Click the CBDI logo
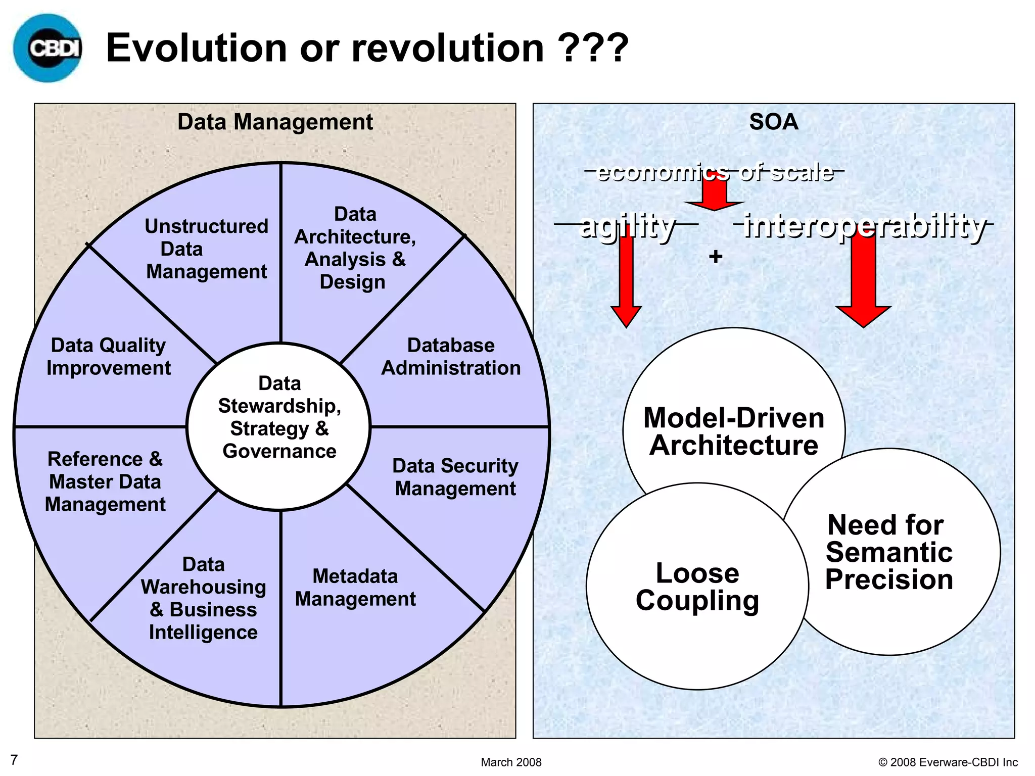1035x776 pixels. tap(48, 48)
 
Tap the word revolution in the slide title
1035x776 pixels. tap(448, 48)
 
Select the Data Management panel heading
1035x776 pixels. tap(275, 122)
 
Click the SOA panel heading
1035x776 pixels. tap(773, 122)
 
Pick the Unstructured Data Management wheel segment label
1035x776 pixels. tap(206, 249)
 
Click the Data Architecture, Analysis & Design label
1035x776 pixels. tap(355, 248)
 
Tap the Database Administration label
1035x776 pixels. tap(451, 357)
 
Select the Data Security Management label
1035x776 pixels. tap(455, 477)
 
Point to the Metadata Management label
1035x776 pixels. tap(355, 588)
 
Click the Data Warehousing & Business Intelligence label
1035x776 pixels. tap(203, 598)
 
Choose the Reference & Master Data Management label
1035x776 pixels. tap(105, 481)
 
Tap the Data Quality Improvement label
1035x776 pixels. tap(108, 357)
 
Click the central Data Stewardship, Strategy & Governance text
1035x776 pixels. tap(279, 417)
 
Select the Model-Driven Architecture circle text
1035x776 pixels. tap(734, 431)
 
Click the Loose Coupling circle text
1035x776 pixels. tap(697, 587)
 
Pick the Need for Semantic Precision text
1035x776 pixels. tap(889, 552)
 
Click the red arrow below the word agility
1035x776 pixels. tap(626, 283)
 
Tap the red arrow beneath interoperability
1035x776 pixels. tap(863, 283)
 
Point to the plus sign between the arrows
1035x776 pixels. tap(716, 257)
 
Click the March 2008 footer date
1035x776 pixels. tap(511, 762)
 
